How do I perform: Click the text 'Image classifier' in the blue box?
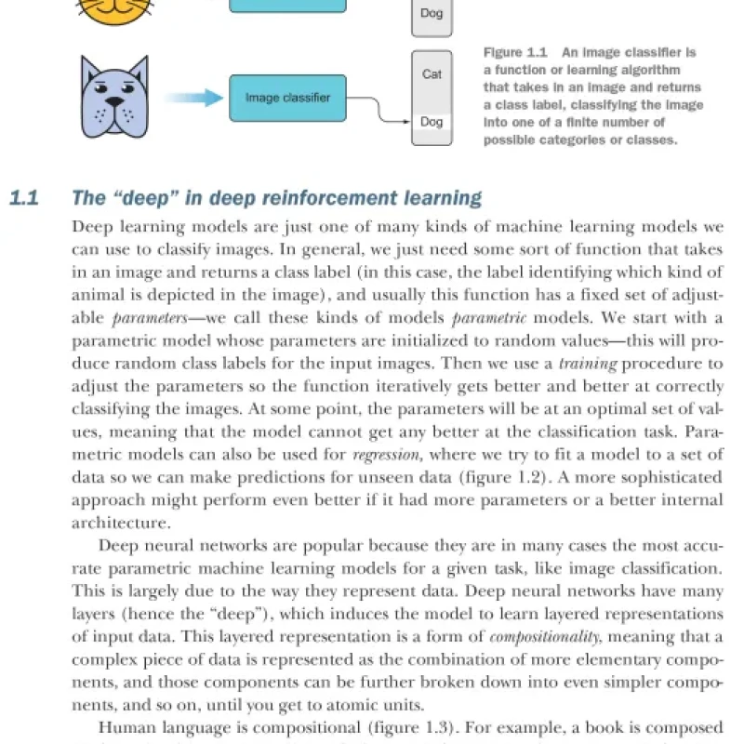point(287,98)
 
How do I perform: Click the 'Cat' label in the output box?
point(432,73)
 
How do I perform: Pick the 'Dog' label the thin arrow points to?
point(432,122)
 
